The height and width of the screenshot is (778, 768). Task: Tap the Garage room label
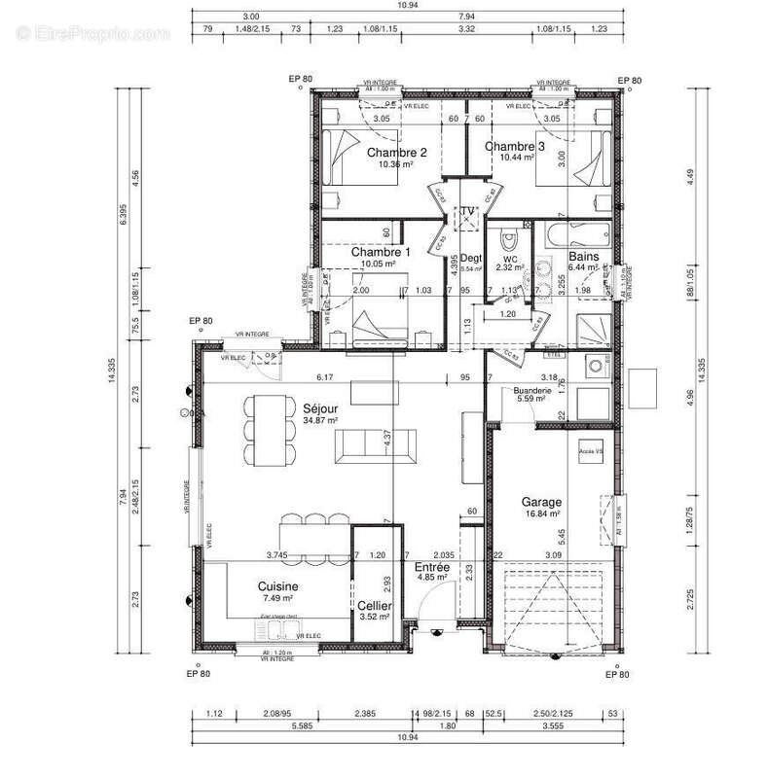pyautogui.click(x=542, y=500)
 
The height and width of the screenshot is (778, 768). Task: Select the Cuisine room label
pyautogui.click(x=277, y=586)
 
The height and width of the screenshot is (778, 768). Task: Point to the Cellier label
pyautogui.click(x=375, y=605)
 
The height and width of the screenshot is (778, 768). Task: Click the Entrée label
pyautogui.click(x=431, y=566)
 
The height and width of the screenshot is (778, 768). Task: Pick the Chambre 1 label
pyautogui.click(x=381, y=251)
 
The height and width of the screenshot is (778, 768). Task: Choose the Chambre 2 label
pyautogui.click(x=396, y=153)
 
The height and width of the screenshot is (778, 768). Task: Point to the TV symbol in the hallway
pyautogui.click(x=468, y=213)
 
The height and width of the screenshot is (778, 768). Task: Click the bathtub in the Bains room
pyautogui.click(x=581, y=234)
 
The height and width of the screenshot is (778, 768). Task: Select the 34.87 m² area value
pyautogui.click(x=319, y=421)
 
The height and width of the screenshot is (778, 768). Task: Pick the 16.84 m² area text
pyautogui.click(x=542, y=513)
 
